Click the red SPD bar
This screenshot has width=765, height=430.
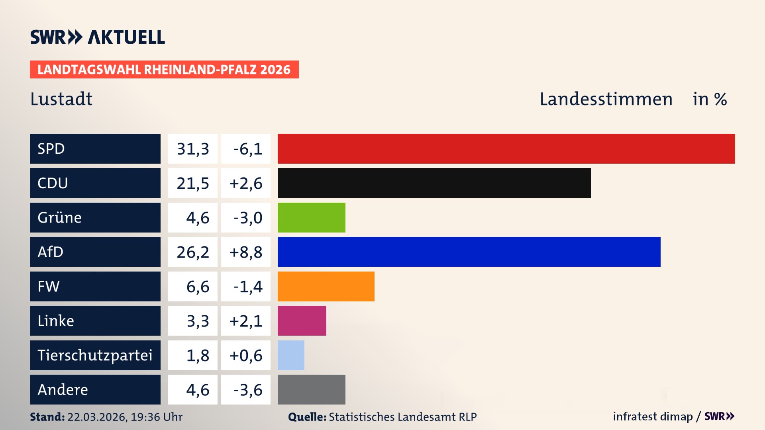click(506, 149)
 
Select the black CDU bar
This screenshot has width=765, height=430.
click(434, 183)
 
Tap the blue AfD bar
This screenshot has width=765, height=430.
click(469, 252)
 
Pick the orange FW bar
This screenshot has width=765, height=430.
click(326, 286)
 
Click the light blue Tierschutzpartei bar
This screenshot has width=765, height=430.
click(291, 355)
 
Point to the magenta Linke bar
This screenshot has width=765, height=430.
click(302, 321)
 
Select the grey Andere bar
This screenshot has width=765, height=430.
click(311, 389)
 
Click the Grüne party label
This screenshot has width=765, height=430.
click(60, 218)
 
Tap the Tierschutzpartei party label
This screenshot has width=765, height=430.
click(95, 355)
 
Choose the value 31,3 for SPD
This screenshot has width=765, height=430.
click(193, 149)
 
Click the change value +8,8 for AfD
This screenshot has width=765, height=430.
click(246, 252)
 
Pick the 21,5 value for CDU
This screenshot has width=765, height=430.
click(193, 183)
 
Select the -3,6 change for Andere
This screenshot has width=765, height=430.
click(247, 390)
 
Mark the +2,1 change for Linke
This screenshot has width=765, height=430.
click(246, 321)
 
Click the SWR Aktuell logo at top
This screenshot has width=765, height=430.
click(98, 37)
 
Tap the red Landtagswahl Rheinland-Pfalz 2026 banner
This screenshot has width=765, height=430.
click(164, 70)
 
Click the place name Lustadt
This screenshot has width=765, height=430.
click(61, 99)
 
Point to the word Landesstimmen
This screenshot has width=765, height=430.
click(606, 99)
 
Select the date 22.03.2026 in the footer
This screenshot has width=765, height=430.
click(97, 417)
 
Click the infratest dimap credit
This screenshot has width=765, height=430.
click(652, 416)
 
